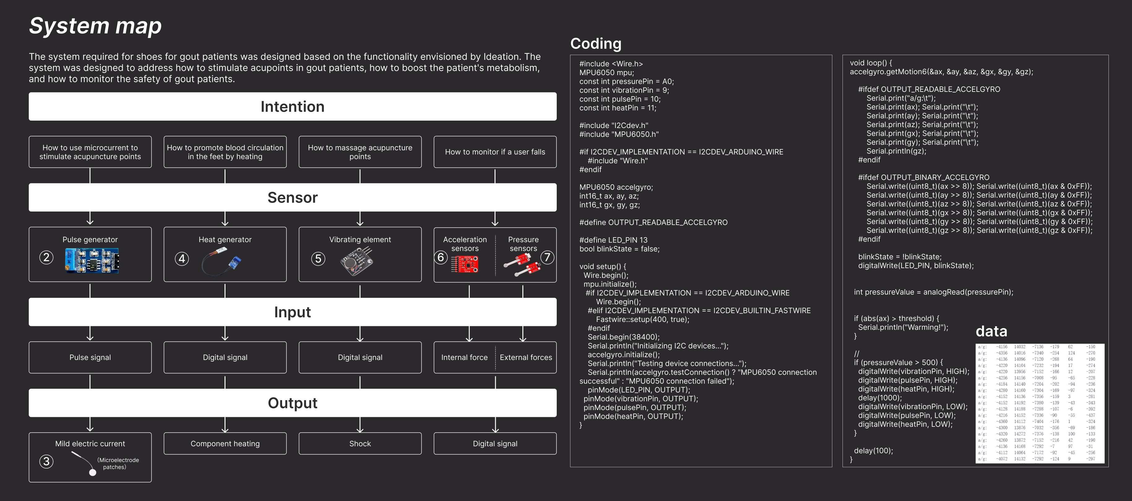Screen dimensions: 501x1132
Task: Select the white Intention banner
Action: pyautogui.click(x=292, y=106)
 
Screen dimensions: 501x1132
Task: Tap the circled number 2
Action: pyautogui.click(x=46, y=258)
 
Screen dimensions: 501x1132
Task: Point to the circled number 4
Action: pyautogui.click(x=182, y=259)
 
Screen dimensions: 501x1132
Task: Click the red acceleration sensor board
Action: pyautogui.click(x=465, y=264)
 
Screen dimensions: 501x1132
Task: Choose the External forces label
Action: pyautogui.click(x=525, y=357)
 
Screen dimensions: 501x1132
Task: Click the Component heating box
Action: pyautogui.click(x=225, y=443)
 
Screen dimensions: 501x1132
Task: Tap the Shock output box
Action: pyautogui.click(x=360, y=443)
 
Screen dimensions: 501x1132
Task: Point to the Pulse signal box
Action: pyautogui.click(x=90, y=357)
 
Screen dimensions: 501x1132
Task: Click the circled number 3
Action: pyautogui.click(x=46, y=461)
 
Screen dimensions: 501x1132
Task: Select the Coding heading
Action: pyautogui.click(x=595, y=44)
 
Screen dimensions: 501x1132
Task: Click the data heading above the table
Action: pyautogui.click(x=991, y=331)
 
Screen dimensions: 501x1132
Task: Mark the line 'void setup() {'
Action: pyautogui.click(x=602, y=266)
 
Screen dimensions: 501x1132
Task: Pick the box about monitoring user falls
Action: pyautogui.click(x=495, y=152)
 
